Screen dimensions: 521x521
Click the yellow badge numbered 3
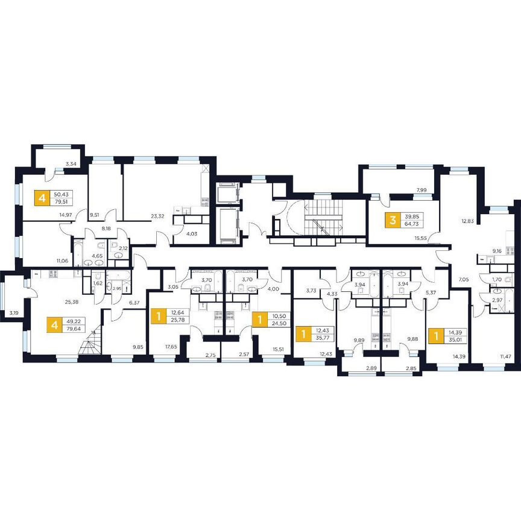[x=393, y=220]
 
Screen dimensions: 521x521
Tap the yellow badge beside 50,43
[x=42, y=198]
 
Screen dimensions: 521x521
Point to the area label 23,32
[x=159, y=215]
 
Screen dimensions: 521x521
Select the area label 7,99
[x=422, y=191]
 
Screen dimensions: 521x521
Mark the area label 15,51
[x=279, y=348]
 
